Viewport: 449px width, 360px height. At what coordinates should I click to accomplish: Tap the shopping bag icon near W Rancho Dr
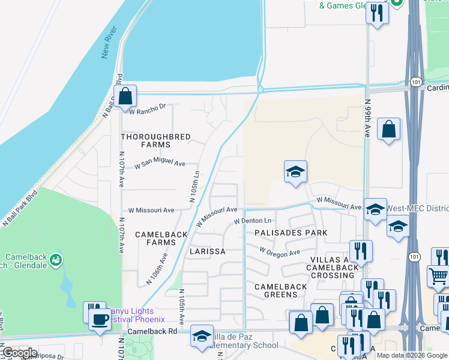pos(125,96)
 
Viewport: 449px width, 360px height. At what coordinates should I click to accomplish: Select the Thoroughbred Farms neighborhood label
pos(156,140)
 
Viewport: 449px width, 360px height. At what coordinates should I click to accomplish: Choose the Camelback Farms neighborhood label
pos(156,238)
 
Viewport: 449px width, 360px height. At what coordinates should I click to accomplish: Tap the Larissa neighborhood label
pos(208,251)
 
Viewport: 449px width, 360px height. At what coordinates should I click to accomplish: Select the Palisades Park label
pos(291,232)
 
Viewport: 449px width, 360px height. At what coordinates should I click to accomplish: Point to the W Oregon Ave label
pos(279,252)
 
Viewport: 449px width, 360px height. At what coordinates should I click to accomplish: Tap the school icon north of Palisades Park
pos(295,172)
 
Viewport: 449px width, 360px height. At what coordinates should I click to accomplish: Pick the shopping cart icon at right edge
pos(438,277)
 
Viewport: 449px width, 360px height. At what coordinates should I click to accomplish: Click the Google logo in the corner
pos(20,352)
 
